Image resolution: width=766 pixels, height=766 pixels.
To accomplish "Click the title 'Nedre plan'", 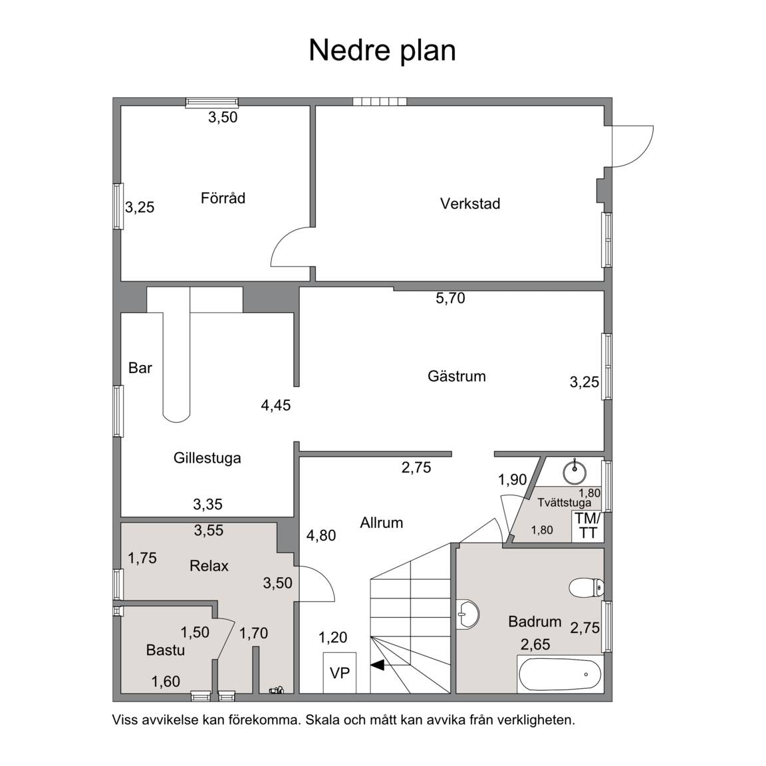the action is point(382,51).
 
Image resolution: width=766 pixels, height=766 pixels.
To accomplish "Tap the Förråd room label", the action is point(223,198).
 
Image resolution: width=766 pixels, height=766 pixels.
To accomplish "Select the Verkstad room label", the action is point(470,203).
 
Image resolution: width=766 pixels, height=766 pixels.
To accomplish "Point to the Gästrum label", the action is point(457,376).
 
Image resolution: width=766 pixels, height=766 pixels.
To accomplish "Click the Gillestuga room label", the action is point(207,458).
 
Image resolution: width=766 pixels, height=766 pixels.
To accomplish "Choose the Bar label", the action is point(140,368).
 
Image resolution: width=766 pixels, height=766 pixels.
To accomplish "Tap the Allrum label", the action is point(382,523).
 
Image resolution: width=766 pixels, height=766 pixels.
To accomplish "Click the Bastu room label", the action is point(166,650).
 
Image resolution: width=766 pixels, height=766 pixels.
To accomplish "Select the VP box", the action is point(340,673).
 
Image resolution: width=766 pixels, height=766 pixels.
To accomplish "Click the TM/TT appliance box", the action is point(587,526).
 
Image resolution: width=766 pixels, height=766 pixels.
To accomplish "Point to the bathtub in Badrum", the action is point(560,674).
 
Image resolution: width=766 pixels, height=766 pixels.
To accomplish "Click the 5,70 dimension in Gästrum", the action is point(450,298).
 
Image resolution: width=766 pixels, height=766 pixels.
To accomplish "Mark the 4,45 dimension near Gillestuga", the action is point(276,405).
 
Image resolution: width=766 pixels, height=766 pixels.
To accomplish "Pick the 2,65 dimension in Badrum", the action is point(535,644).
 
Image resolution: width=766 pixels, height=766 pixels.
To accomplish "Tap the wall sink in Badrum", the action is point(467,614).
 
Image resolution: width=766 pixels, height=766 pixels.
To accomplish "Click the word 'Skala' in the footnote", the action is point(325,719).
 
